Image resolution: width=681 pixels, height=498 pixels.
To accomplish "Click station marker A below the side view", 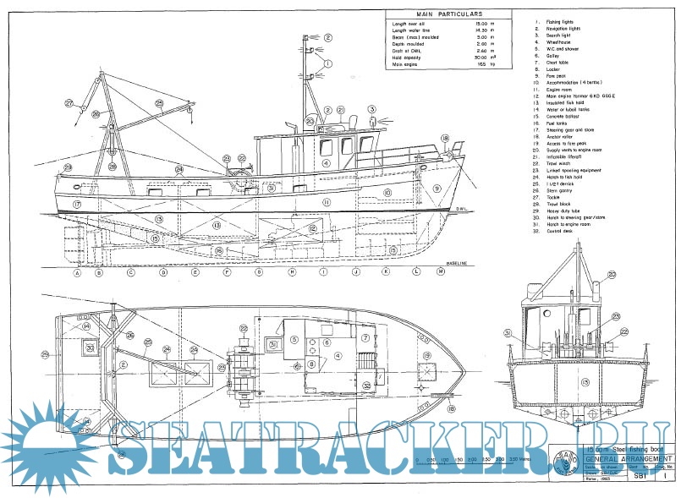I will [x=77, y=273].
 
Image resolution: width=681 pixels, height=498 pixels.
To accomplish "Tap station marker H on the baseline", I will [x=292, y=273].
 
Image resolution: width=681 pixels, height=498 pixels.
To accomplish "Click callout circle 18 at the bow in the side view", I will [x=445, y=138].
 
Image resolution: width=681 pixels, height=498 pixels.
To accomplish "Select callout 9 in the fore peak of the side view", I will [x=437, y=189].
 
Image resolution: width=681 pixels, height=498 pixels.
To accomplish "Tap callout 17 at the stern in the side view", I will [x=76, y=205].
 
